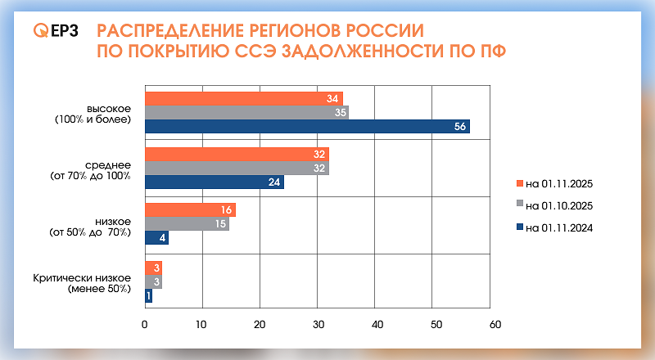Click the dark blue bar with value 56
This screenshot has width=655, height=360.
tap(307, 127)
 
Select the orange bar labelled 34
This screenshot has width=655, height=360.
tap(244, 99)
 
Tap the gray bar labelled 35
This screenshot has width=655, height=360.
tap(246, 113)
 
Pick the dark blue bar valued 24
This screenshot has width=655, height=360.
tap(215, 182)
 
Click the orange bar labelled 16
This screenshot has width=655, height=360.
tap(190, 210)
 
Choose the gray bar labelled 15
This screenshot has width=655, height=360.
tap(187, 224)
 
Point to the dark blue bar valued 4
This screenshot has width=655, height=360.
tap(156, 238)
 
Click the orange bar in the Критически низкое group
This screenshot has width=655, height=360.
tap(153, 267)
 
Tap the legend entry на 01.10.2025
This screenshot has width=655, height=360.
tap(559, 205)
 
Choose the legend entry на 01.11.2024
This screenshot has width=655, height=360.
tap(559, 227)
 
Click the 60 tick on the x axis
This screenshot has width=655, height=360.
tap(494, 324)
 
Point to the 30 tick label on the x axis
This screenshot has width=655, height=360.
tap(318, 324)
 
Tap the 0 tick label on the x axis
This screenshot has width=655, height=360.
tap(145, 324)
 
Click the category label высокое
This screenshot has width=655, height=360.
tap(108, 108)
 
